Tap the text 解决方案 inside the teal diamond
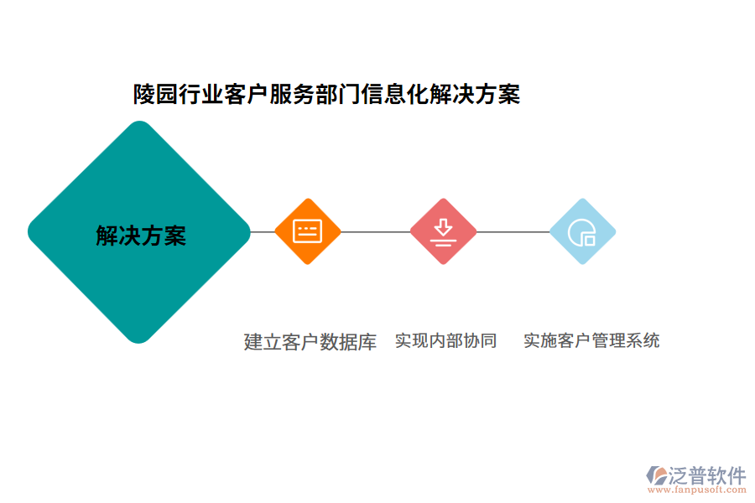point(141,236)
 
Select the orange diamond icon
point(308,231)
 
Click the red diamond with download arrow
point(443,231)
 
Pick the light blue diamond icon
point(582,231)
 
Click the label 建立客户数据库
point(310,341)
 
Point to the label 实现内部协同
point(445,340)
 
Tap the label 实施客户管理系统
point(591,340)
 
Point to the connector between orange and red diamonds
point(376,231)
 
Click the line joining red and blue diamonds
point(513,231)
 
